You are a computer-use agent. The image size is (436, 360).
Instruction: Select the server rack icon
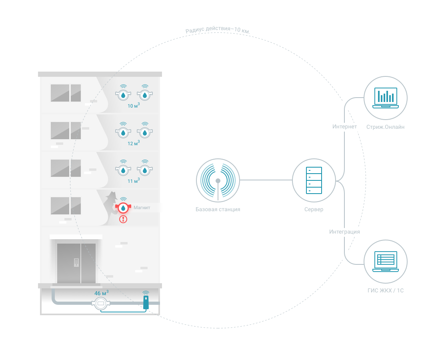(x=314, y=180)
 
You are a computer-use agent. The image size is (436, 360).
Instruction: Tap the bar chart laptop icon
(x=386, y=98)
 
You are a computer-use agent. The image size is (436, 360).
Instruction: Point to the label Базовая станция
(x=218, y=209)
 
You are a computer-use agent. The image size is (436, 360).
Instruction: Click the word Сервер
(x=314, y=209)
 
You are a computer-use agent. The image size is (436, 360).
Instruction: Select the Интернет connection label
(x=344, y=127)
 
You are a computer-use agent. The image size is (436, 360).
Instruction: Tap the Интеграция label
(x=344, y=232)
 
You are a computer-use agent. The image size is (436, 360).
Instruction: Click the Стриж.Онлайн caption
(x=386, y=127)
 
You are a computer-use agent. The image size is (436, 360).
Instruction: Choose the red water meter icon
(x=123, y=208)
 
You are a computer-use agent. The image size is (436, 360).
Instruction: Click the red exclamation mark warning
(x=123, y=219)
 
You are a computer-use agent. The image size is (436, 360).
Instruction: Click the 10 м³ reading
(x=133, y=106)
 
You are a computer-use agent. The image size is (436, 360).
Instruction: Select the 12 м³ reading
(x=133, y=143)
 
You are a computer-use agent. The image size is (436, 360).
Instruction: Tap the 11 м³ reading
(x=133, y=181)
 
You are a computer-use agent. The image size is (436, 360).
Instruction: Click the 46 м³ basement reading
(x=101, y=293)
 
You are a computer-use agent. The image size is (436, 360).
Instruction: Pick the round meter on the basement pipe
(x=101, y=304)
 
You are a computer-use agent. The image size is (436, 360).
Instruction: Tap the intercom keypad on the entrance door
(x=76, y=262)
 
